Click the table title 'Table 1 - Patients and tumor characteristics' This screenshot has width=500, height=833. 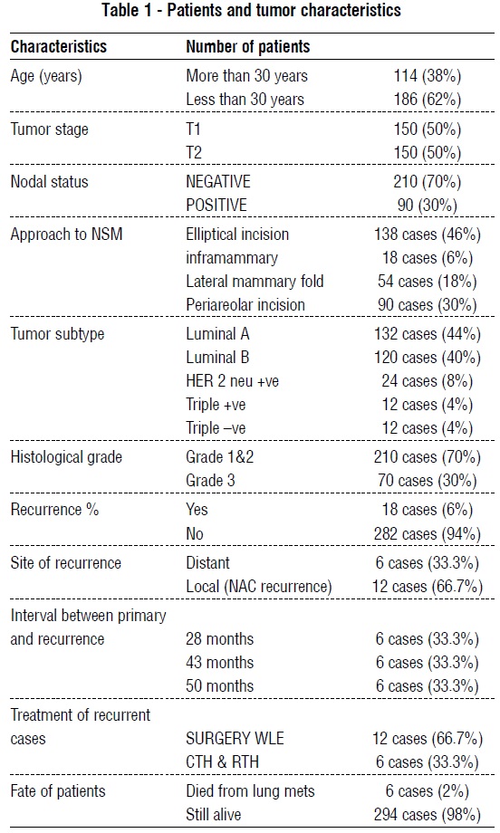pos(251,12)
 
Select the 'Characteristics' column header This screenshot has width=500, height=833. pos(59,46)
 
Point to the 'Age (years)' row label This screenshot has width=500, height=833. pos(46,76)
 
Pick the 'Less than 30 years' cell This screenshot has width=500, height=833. pos(245,98)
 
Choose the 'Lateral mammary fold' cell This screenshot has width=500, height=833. pos(255,281)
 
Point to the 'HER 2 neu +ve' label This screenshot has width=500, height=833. pos(233,380)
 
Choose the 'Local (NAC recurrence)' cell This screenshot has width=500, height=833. pos(259,586)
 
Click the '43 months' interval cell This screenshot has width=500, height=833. pos(219,662)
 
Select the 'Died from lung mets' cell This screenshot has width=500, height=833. pos(250,790)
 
